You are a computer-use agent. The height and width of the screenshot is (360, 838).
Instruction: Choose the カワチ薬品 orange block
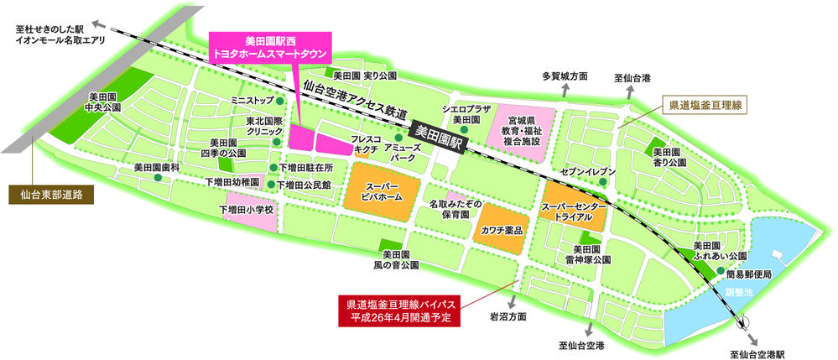tap(502, 229)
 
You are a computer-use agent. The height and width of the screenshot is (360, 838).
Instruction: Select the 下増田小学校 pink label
tap(247, 209)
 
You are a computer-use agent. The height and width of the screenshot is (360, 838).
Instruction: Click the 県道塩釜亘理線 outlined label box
tap(704, 106)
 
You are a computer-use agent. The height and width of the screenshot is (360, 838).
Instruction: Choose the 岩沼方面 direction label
tap(508, 318)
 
